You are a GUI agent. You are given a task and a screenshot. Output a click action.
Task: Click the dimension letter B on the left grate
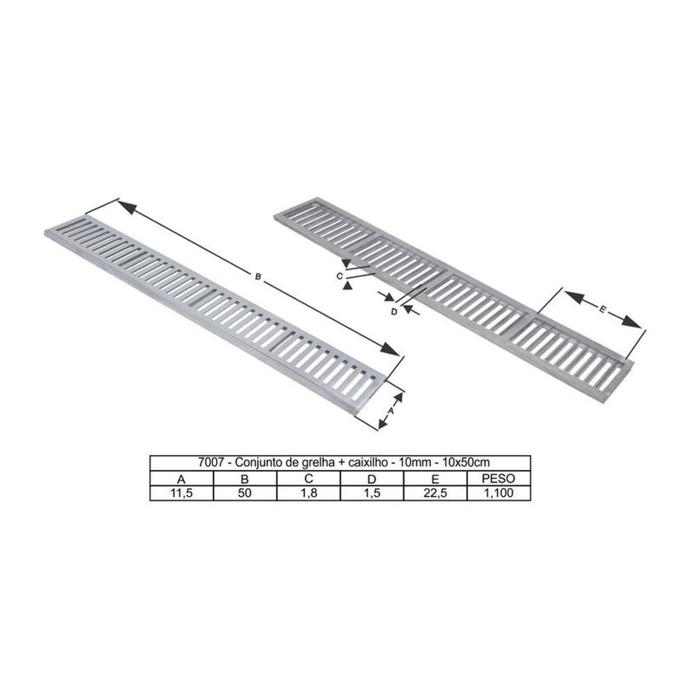(257, 276)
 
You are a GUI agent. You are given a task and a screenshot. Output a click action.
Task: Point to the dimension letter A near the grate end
(392, 408)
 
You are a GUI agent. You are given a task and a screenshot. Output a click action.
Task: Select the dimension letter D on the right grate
(394, 310)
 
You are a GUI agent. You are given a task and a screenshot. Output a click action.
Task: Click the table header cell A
(181, 479)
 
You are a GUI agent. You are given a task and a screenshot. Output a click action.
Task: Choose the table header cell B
(244, 479)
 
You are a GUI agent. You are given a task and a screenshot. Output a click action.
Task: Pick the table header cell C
(308, 479)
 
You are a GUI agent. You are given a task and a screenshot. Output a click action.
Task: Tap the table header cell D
(372, 479)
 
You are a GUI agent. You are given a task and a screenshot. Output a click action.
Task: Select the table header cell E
(435, 479)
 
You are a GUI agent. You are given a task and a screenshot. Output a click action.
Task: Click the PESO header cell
(499, 479)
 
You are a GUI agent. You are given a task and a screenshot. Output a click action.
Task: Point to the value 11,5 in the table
(181, 493)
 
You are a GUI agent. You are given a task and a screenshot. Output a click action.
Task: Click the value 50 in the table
(244, 493)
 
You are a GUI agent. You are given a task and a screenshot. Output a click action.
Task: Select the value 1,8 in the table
(308, 493)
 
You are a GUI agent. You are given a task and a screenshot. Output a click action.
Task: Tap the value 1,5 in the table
(372, 493)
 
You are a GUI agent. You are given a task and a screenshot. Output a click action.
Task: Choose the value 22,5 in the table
(435, 493)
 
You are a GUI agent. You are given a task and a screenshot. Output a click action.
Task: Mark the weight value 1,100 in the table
(499, 493)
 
